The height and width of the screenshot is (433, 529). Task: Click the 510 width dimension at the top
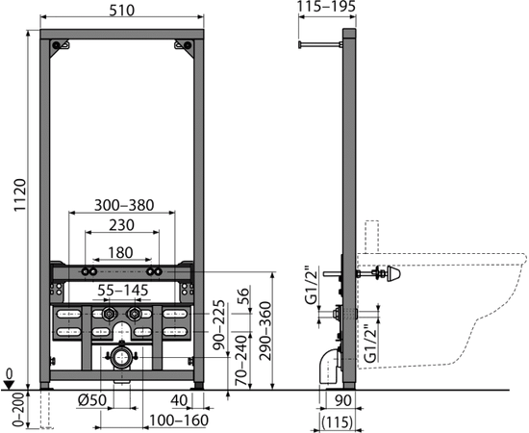[122, 11]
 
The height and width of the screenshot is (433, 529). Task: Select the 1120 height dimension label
[20, 195]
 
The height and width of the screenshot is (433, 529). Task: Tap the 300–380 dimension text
[124, 205]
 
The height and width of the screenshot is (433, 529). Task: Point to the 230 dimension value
[121, 225]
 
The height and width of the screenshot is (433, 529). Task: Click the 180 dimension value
[120, 252]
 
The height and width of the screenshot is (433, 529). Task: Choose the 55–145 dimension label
[123, 291]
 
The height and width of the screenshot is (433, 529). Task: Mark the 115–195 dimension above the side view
[327, 7]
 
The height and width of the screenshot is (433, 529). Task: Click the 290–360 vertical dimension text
[266, 331]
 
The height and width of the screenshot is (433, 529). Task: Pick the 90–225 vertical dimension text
[219, 324]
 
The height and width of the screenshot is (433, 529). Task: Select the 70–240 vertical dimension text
[241, 361]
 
